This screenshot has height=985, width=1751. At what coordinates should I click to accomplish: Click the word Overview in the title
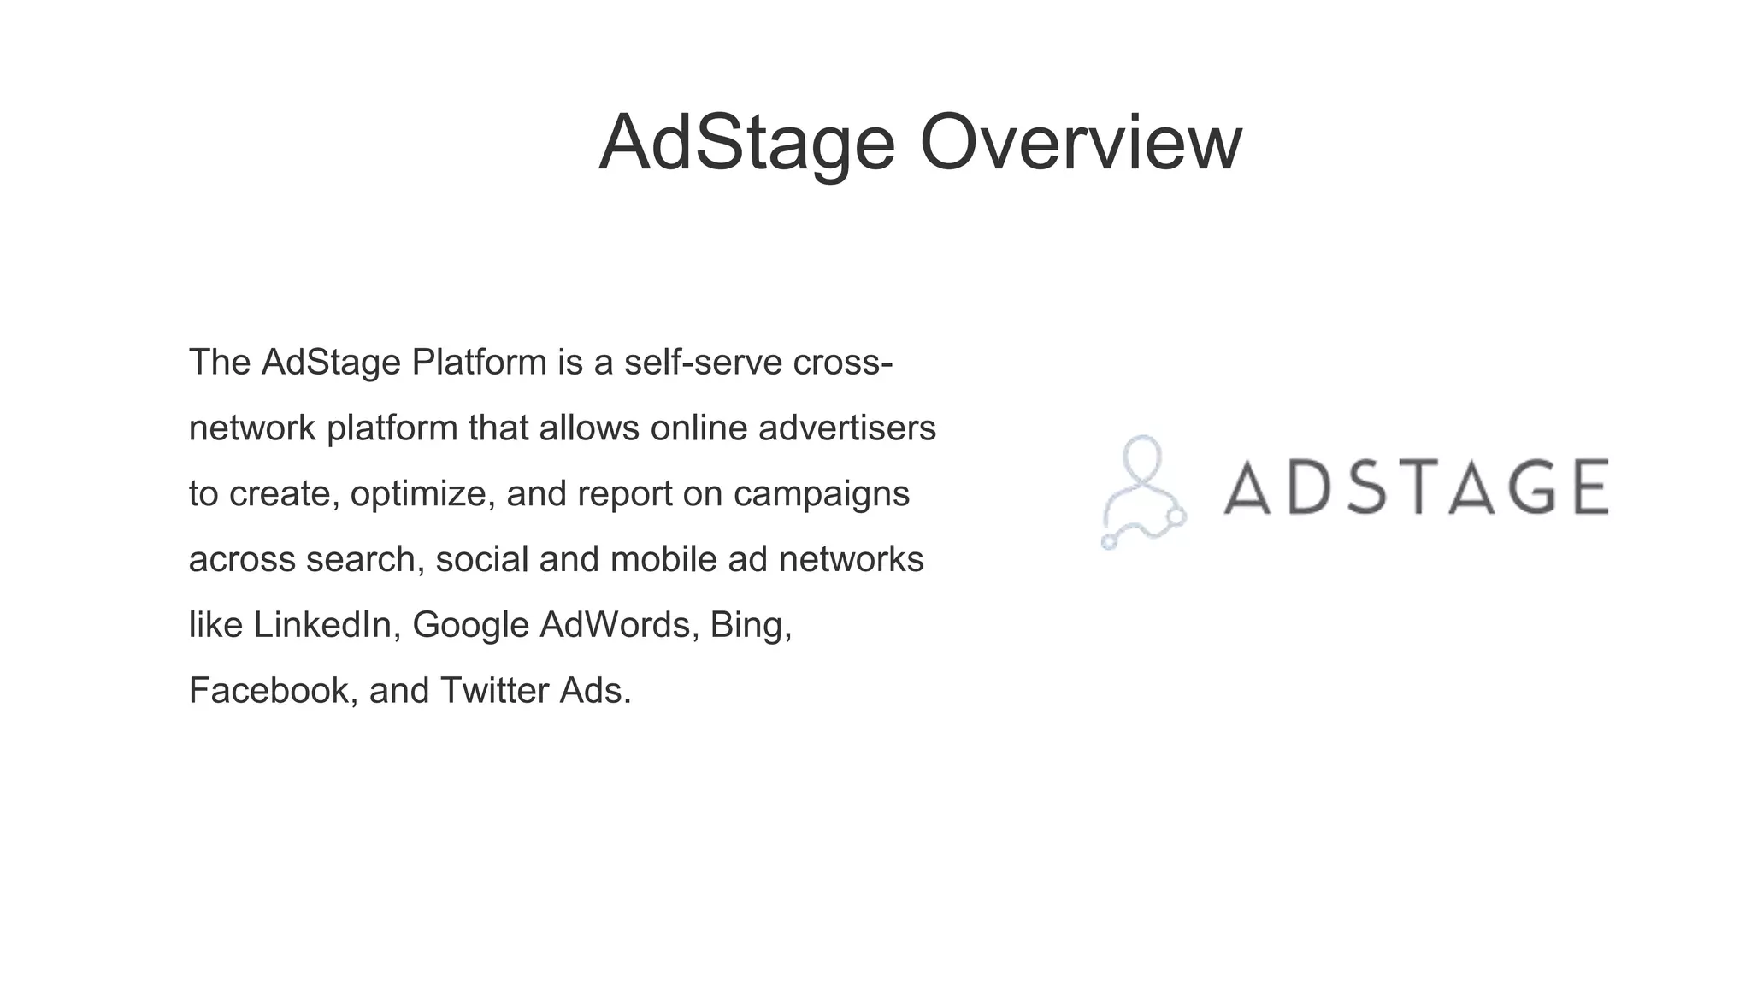1080,143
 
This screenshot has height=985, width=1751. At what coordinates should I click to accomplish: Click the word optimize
422,494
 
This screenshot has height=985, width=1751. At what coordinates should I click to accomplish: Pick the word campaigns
821,494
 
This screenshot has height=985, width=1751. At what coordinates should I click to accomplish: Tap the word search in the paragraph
365,560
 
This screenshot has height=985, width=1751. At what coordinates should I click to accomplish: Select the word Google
471,625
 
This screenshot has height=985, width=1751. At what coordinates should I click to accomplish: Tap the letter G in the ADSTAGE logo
1519,487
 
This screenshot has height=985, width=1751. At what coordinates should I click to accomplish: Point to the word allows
588,428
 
